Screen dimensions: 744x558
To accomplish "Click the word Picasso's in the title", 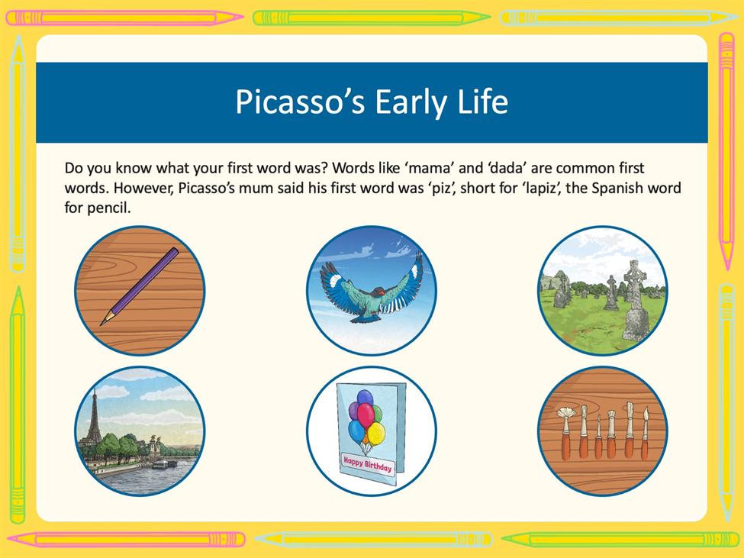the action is (300, 102).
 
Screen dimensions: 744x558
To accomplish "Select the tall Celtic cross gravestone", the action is (636, 300).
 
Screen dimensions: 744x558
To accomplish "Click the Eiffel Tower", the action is (93, 419).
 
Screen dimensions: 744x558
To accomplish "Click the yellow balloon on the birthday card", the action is (376, 434).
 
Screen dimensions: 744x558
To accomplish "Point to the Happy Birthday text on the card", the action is (368, 465).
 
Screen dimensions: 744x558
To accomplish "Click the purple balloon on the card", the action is (353, 411).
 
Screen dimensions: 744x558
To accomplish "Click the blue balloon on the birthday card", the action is (356, 432).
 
